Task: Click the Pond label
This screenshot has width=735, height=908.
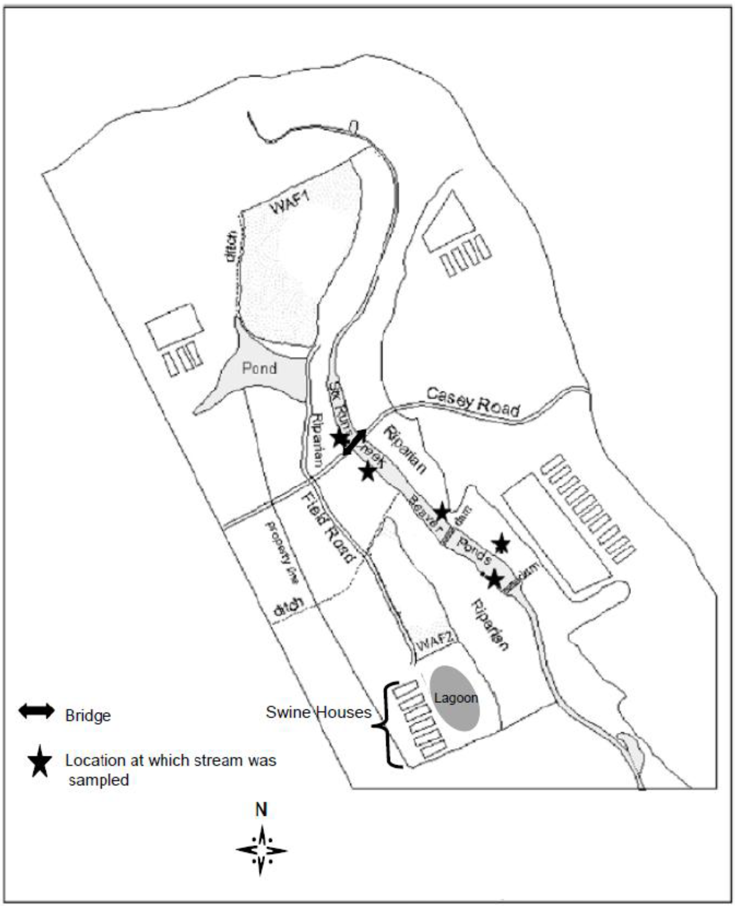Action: [259, 368]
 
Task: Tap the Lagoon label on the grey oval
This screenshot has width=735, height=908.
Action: [455, 697]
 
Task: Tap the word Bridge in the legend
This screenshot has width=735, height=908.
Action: [88, 715]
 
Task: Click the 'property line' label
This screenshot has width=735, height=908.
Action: [281, 552]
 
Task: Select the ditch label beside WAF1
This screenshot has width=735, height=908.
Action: [231, 247]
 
